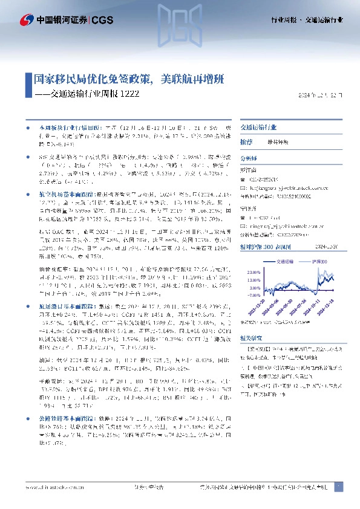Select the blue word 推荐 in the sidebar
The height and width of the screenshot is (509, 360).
[x=246, y=141]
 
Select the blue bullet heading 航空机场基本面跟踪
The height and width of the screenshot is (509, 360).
[x=59, y=195]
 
